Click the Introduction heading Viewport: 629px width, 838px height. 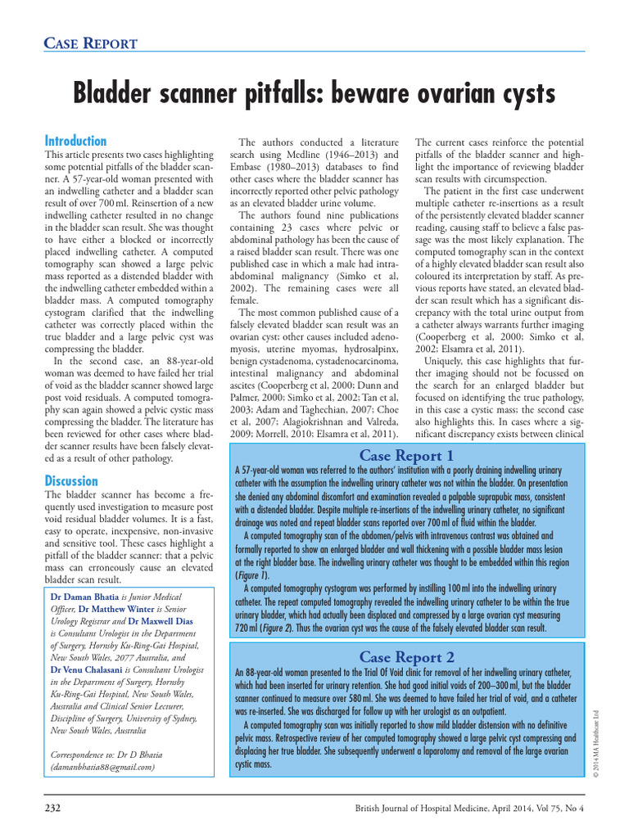click(x=75, y=141)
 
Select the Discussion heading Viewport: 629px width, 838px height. click(x=71, y=481)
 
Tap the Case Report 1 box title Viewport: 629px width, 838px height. click(x=406, y=456)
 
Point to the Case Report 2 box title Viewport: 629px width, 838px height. click(x=406, y=656)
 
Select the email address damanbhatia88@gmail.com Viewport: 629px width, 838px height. click(x=102, y=768)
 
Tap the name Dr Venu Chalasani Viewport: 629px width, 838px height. click(x=92, y=670)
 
